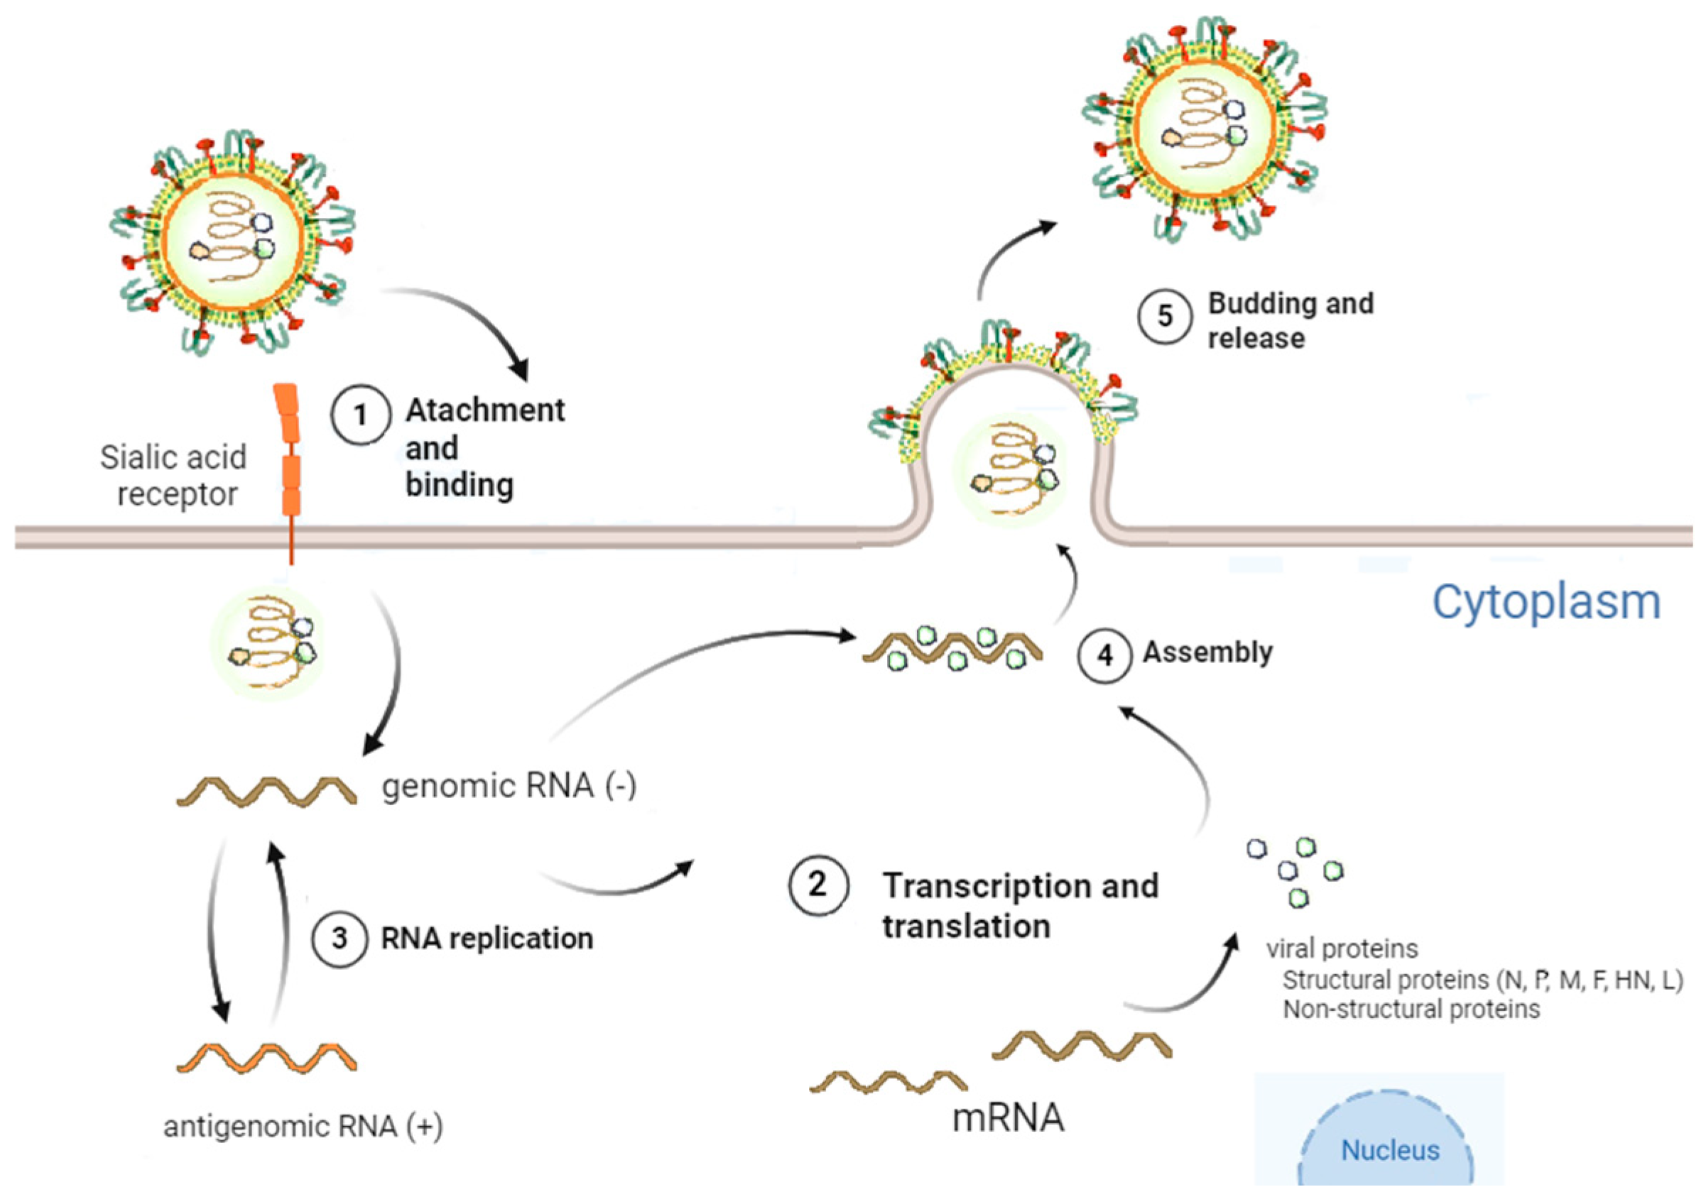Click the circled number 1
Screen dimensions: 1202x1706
[360, 415]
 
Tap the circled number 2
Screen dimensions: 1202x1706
[817, 885]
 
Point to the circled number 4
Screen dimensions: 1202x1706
[1105, 655]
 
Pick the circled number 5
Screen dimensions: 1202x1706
[1164, 316]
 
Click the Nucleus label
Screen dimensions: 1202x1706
[1389, 1151]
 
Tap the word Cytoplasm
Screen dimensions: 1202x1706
[1545, 602]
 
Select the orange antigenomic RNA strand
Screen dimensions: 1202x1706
[266, 1056]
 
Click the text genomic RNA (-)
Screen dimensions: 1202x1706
[509, 786]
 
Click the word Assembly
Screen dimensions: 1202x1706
[1207, 652]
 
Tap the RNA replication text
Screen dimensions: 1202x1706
[487, 939]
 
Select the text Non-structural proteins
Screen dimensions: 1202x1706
[1411, 1010]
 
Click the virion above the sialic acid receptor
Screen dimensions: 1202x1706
[232, 239]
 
